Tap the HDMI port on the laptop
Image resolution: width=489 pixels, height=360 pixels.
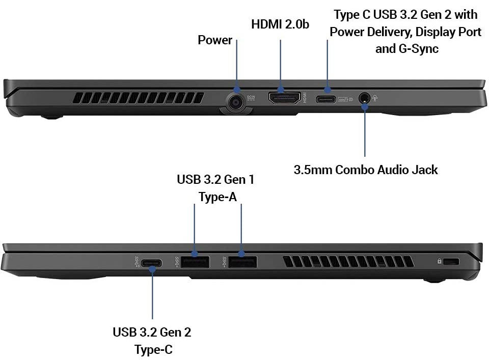click(284, 98)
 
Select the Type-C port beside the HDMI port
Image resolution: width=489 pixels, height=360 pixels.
click(326, 99)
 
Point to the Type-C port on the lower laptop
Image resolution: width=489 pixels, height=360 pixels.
click(152, 263)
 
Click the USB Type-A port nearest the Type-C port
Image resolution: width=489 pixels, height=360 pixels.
click(195, 262)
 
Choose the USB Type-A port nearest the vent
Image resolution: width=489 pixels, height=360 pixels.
click(242, 262)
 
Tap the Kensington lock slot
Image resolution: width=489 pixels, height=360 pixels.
click(451, 261)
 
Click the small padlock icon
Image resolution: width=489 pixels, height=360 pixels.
click(439, 261)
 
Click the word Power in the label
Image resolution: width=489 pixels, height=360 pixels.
click(215, 40)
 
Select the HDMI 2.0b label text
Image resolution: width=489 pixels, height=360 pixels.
click(280, 24)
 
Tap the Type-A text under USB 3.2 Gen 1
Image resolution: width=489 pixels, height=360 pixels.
click(218, 197)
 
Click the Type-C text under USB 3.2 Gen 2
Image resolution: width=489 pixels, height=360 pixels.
click(153, 349)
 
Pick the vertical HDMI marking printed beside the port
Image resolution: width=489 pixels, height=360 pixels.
click(305, 98)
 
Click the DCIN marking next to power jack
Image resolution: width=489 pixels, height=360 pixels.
click(251, 97)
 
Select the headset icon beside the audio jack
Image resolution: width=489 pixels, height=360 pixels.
click(374, 98)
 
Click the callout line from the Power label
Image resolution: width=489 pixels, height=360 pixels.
click(236, 64)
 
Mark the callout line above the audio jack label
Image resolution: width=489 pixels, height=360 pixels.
click(365, 131)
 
